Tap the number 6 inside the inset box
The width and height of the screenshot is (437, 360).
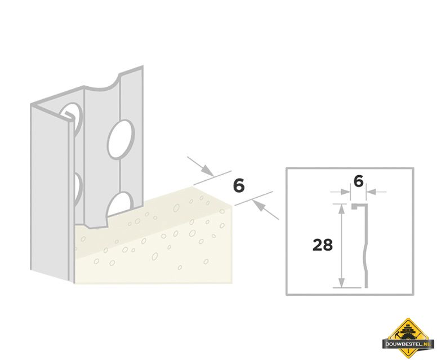point(359,181)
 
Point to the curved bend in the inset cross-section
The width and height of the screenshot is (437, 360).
point(365,248)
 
